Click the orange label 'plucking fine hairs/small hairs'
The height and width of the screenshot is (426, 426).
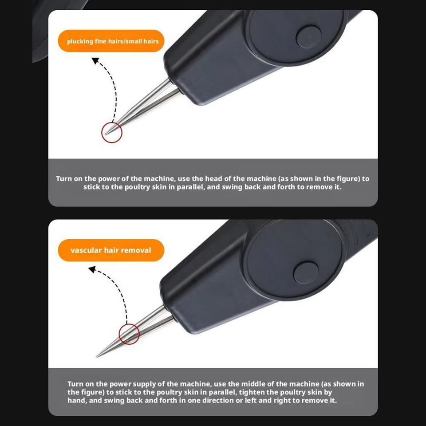111,41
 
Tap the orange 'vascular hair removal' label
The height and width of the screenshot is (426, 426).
111,250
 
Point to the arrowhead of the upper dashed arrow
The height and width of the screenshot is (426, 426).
95,61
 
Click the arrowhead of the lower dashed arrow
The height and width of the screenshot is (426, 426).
92,269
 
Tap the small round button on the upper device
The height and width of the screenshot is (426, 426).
308,37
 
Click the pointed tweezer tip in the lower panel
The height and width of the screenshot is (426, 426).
97,356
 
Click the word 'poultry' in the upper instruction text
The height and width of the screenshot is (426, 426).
136,187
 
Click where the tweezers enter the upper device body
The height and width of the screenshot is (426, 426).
174,85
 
